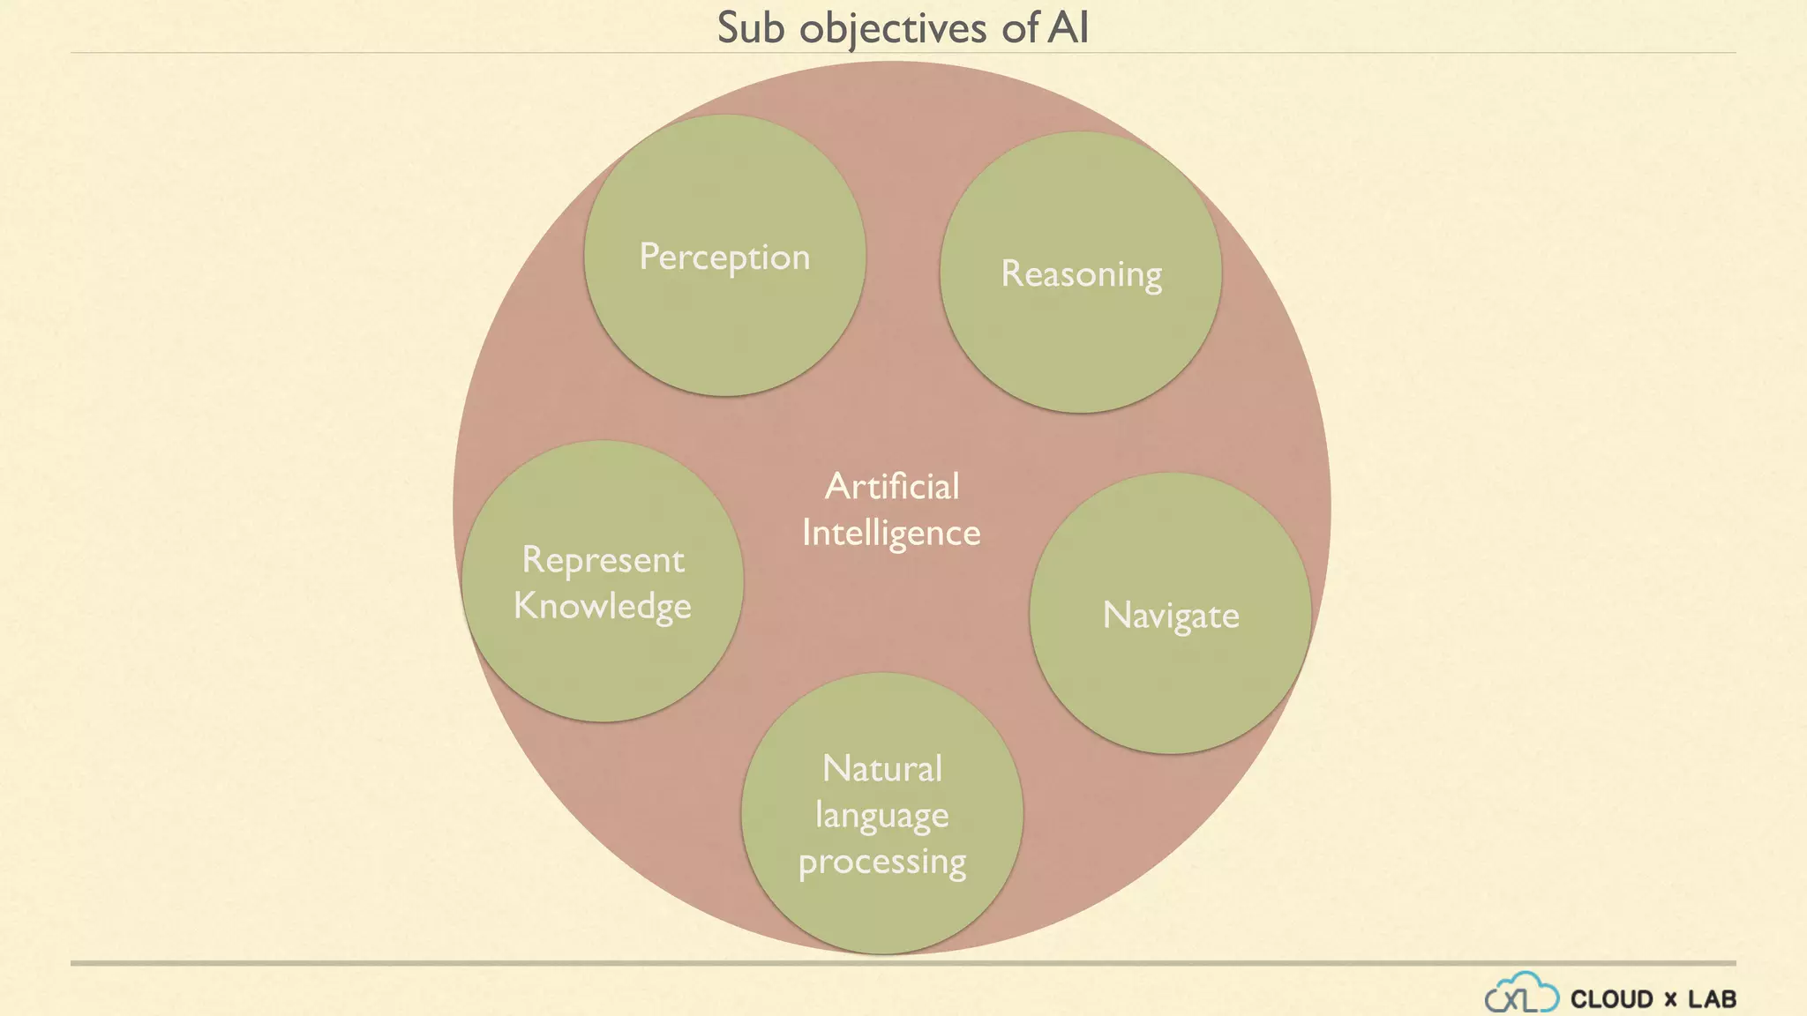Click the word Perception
724,258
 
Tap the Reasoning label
1081,274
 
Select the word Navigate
1171,616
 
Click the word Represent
603,560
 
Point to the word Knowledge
603,607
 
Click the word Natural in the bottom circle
882,769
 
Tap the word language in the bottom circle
881,816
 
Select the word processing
882,862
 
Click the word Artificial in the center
892,487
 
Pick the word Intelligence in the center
891,534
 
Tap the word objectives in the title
893,29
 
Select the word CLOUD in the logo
1612,999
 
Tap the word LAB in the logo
1713,999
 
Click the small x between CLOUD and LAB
1670,1000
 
